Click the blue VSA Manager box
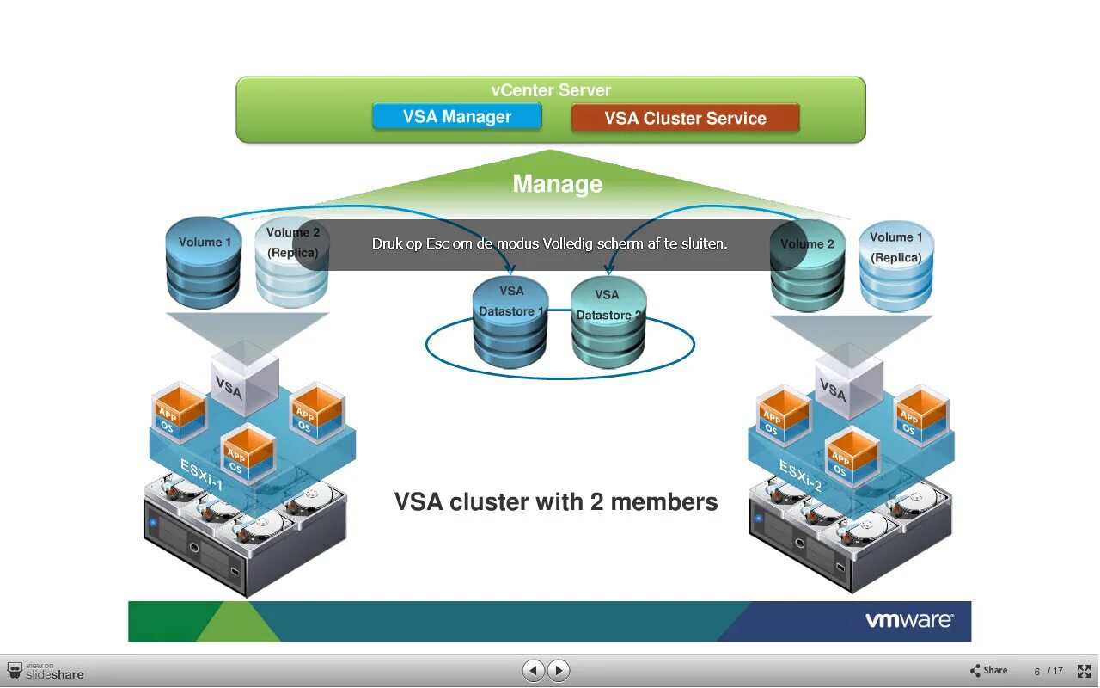(x=456, y=117)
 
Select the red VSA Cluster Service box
(x=685, y=119)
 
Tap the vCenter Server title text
(x=551, y=90)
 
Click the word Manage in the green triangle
(x=557, y=184)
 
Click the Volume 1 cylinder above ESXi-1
(x=204, y=262)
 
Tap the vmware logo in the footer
(x=908, y=620)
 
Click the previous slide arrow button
(x=534, y=670)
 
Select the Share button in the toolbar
(x=988, y=671)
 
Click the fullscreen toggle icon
(x=1084, y=671)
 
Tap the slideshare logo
(x=46, y=671)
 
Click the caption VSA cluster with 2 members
(x=556, y=501)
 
